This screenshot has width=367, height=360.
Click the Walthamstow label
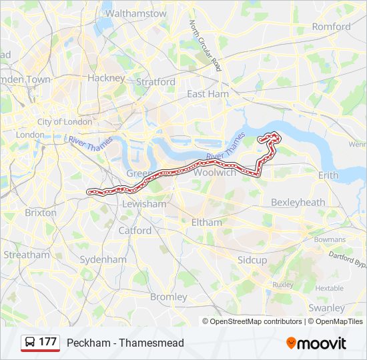[x=136, y=13]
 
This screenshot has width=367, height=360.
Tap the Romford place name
[x=332, y=27]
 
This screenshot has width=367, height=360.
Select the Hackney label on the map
[x=106, y=78]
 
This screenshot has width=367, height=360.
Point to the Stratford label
[x=155, y=82]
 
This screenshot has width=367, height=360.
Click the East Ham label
[x=208, y=94]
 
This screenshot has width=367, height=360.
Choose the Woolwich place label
[x=217, y=173]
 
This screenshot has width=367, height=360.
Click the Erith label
[x=328, y=175]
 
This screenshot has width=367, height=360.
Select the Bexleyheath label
[x=298, y=202]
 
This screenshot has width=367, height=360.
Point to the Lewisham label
[x=144, y=204]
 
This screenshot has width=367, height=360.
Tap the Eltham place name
[x=206, y=222]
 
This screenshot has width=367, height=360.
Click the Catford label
[x=135, y=231]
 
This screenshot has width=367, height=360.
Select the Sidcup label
[x=252, y=259]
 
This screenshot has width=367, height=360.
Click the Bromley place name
[x=169, y=297]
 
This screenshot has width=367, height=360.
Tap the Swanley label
[x=327, y=308]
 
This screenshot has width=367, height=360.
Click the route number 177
[x=47, y=342]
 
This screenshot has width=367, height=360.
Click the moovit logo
[x=316, y=343]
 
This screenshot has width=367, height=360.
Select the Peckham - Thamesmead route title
[x=125, y=343]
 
